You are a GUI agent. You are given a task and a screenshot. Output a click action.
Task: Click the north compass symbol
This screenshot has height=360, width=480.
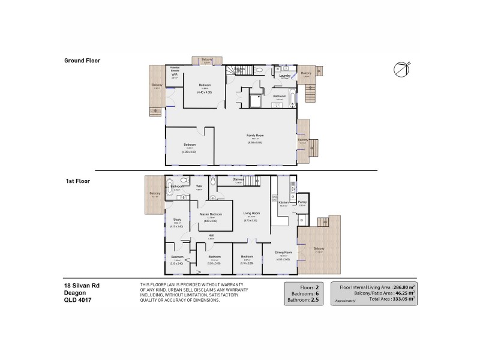tap(401, 69)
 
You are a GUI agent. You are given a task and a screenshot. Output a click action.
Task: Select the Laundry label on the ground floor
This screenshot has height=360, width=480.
tap(285, 76)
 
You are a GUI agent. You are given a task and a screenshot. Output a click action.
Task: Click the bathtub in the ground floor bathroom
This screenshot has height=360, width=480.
tap(292, 96)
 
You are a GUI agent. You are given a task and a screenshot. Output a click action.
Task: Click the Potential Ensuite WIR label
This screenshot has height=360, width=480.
tap(175, 71)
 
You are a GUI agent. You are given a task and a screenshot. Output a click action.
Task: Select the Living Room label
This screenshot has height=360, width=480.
tap(251, 213)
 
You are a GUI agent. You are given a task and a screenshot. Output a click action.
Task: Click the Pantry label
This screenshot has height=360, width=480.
tap(302, 203)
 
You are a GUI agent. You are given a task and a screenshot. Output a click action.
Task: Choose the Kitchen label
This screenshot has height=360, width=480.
tap(284, 203)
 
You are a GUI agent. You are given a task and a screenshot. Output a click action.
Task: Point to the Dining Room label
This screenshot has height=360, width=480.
tap(283, 252)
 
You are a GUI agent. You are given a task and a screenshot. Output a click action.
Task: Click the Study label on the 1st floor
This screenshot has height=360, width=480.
tap(177, 220)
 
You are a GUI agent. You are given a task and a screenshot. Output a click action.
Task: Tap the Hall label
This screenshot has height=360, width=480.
tap(211, 235)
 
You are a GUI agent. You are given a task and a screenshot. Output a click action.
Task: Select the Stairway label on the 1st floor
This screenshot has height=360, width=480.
tap(238, 179)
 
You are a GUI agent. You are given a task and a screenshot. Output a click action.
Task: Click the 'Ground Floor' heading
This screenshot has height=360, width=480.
tap(82, 61)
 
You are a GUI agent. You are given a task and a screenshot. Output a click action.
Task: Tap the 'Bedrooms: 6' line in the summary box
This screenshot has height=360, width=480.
tap(306, 293)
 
